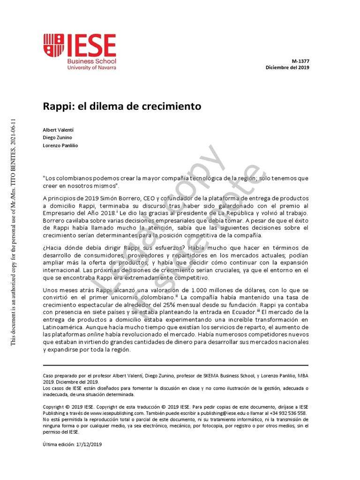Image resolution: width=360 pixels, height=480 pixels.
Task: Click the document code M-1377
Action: pyautogui.click(x=300, y=61)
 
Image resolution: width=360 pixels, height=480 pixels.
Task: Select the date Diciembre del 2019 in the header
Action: pyautogui.click(x=287, y=67)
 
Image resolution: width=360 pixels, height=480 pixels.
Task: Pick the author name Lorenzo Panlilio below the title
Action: pyautogui.click(x=60, y=146)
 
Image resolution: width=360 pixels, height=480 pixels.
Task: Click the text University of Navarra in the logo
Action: pyautogui.click(x=92, y=67)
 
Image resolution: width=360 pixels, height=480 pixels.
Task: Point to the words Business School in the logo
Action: pyautogui.click(x=92, y=61)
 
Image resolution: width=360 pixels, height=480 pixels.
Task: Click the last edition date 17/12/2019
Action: pyautogui.click(x=89, y=444)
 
